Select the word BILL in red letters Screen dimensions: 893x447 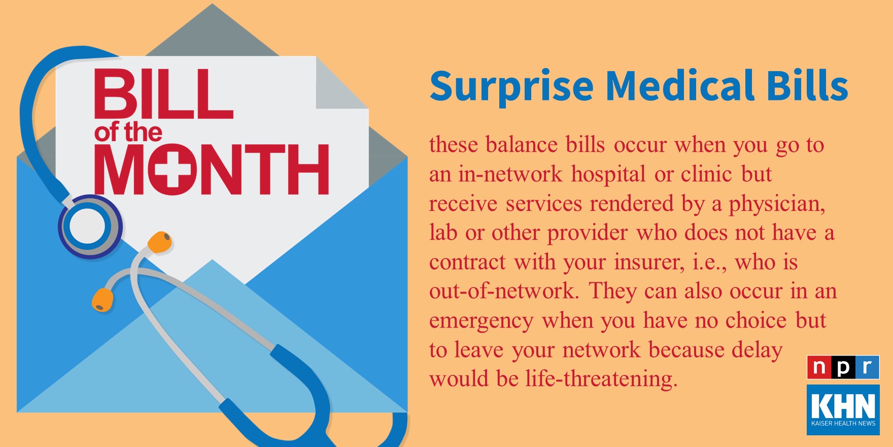click(163, 94)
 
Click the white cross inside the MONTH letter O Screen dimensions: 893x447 click(174, 170)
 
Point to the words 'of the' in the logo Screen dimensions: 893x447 click(128, 133)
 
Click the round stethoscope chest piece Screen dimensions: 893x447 click(90, 226)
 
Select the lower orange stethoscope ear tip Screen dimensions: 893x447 click(102, 299)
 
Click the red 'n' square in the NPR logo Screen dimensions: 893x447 click(819, 367)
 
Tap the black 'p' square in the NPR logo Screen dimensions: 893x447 click(843, 367)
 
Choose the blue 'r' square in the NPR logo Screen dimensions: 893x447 click(867, 367)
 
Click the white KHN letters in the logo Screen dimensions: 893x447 click(843, 406)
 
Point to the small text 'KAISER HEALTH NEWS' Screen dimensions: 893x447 click(843, 424)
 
